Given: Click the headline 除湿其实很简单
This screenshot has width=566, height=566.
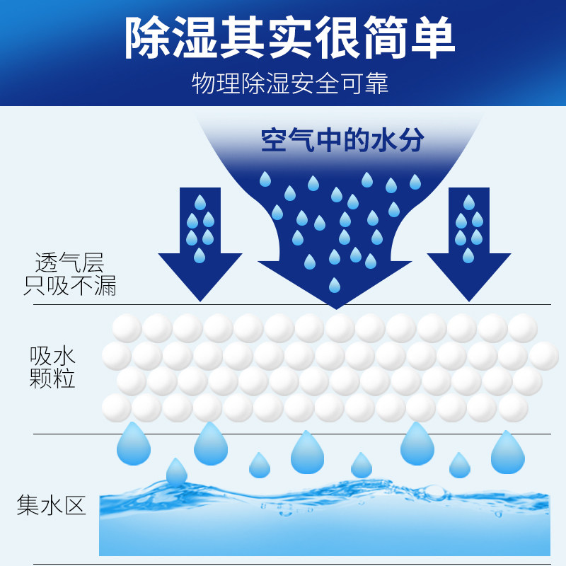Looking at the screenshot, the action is click(289, 37).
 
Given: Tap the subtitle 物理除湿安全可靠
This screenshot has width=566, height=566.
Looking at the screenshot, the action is click(290, 83).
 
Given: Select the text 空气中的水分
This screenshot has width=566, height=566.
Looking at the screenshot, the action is click(342, 140).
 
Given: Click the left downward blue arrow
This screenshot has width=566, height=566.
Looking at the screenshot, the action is click(200, 248).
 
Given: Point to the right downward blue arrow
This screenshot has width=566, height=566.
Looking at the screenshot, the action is click(468, 248).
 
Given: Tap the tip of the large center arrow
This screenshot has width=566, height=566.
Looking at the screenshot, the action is click(335, 304).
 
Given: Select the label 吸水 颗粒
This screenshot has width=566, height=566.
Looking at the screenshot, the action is click(52, 367).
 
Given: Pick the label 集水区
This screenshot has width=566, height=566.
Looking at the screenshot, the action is click(51, 505).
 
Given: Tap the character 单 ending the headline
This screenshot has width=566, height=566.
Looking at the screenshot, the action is click(433, 37).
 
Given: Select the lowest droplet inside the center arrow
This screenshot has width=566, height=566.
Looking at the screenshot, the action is click(334, 285).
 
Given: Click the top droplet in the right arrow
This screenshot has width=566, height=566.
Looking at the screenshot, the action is click(468, 202).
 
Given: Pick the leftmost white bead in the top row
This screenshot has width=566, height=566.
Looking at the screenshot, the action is click(127, 328).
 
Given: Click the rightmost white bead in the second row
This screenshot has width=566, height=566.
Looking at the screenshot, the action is click(544, 356).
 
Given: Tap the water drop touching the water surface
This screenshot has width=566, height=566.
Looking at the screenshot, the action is click(175, 473).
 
